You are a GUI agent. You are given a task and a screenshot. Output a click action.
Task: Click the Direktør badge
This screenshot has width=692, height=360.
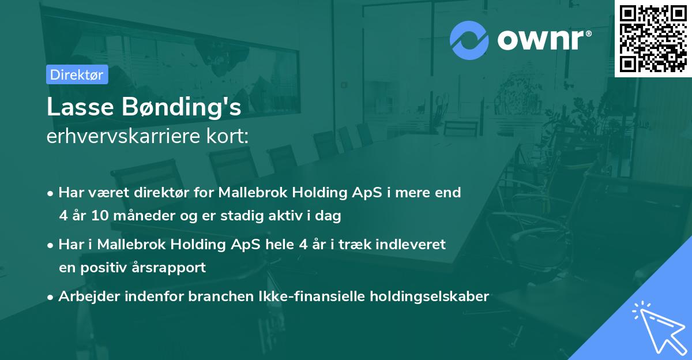(77, 74)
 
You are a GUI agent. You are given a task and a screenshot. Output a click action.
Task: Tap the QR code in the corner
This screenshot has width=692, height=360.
(653, 38)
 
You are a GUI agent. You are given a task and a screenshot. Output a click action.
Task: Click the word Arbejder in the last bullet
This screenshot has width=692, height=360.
(86, 297)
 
